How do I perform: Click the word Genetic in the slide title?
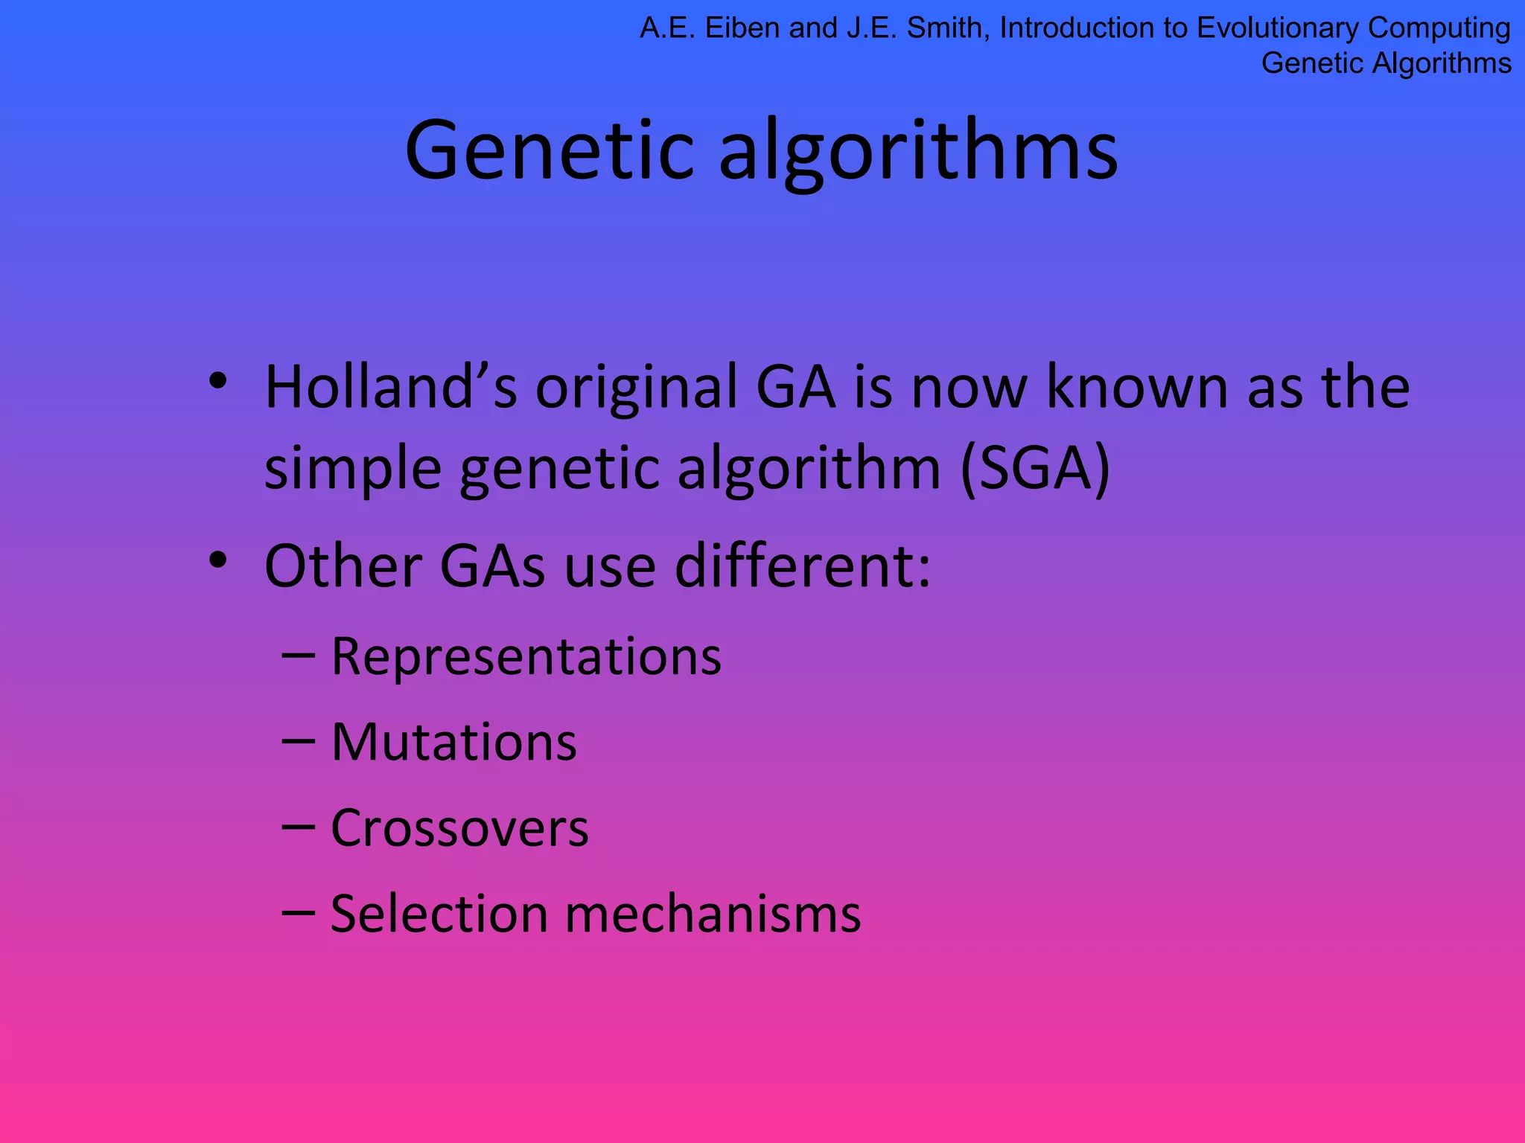coord(550,151)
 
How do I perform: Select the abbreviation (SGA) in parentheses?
coord(1035,468)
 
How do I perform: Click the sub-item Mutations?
coord(453,743)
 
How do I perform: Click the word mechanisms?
coord(713,915)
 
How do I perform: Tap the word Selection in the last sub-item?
coord(439,915)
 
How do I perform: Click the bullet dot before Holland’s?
coord(217,382)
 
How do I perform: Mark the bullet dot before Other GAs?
coord(217,560)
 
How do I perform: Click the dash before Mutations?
coord(298,743)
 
